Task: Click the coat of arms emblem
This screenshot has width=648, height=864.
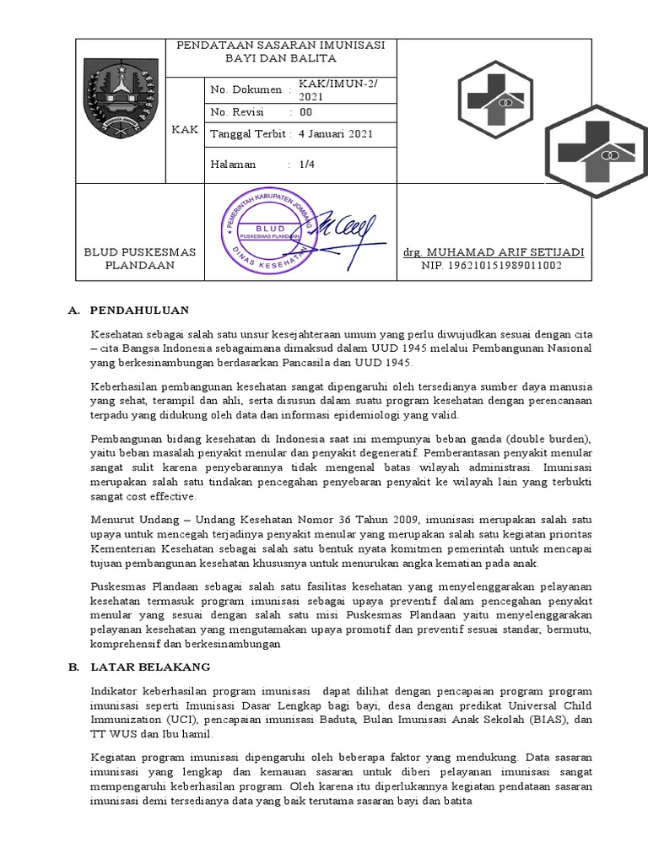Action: click(x=121, y=111)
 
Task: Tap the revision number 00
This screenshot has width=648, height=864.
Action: click(x=305, y=112)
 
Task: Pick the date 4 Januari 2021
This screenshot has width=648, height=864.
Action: click(x=335, y=133)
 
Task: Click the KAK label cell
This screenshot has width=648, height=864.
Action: click(x=184, y=128)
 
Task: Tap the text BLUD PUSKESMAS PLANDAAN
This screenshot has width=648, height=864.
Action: click(x=139, y=258)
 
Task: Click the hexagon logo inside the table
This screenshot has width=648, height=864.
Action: click(x=494, y=100)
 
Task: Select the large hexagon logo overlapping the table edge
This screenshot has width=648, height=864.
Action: click(x=596, y=147)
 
